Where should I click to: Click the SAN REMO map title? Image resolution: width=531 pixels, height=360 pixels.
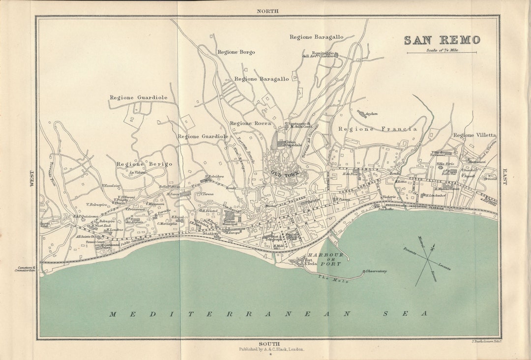[442, 40]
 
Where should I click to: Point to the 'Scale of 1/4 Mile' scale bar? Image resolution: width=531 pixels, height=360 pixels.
[441, 51]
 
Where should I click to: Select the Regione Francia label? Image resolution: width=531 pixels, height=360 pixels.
[378, 129]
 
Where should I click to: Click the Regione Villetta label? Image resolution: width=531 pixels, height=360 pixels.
[474, 135]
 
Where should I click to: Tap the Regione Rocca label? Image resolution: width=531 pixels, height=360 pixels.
[250, 123]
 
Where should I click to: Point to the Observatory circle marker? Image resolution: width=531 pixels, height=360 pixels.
[364, 271]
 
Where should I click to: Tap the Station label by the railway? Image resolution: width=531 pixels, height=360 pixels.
[210, 233]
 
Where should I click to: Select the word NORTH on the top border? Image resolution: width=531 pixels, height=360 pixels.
[267, 10]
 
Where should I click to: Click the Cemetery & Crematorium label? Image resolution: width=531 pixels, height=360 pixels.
[24, 269]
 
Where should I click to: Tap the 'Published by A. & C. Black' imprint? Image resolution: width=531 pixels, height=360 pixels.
[271, 349]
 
